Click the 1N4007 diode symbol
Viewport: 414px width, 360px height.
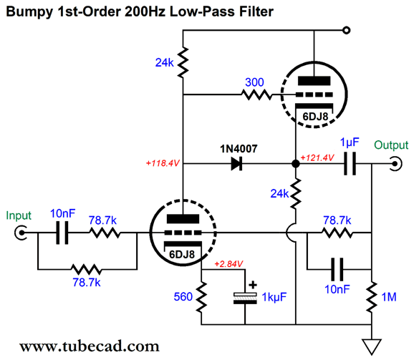[x=236, y=164]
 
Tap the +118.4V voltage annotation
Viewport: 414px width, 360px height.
[x=163, y=163]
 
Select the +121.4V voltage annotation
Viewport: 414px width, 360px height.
[x=317, y=157]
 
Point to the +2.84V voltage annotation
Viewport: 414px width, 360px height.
[x=228, y=264]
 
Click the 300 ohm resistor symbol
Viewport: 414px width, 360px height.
[x=256, y=94]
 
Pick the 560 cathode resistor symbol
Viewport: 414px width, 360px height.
[x=201, y=297]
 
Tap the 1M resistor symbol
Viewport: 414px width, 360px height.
[x=372, y=297]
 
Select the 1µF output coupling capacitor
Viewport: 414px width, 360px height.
[x=350, y=164]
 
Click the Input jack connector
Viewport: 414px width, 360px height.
[x=21, y=233]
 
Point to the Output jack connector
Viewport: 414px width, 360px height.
[x=395, y=164]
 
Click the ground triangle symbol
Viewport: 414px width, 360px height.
[x=372, y=346]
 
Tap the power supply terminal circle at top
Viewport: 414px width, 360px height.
[x=347, y=30]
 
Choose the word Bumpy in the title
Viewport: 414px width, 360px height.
[x=29, y=12]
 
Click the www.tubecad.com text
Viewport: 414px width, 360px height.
[x=90, y=346]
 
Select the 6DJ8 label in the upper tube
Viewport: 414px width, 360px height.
[x=315, y=117]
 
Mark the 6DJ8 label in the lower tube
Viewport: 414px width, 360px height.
[x=182, y=255]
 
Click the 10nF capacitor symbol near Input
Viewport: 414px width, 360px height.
[x=62, y=233]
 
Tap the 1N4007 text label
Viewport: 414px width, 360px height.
[x=239, y=149]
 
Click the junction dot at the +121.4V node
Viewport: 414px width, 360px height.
[x=296, y=164]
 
